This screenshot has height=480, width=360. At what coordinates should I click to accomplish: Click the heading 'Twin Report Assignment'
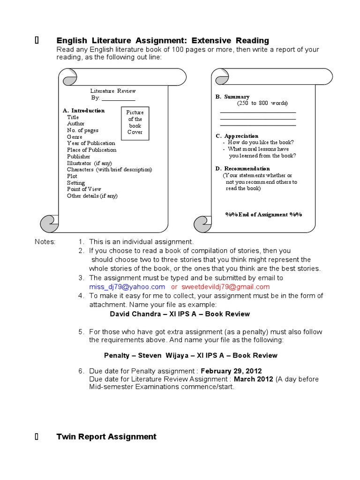pyautogui.click(x=106, y=436)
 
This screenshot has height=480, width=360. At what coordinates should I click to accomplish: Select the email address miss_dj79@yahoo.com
pyautogui.click(x=127, y=287)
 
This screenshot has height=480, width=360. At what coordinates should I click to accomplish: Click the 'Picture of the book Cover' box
pyautogui.click(x=135, y=122)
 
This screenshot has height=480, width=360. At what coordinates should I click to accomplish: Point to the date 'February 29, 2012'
pyautogui.click(x=231, y=370)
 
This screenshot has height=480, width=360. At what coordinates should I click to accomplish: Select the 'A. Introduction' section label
pyautogui.click(x=84, y=111)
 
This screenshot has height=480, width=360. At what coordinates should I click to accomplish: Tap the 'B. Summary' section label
pyautogui.click(x=232, y=97)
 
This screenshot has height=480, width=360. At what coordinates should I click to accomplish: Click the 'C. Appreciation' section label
pyautogui.click(x=237, y=136)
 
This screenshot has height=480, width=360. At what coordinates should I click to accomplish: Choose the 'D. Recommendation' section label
pyautogui.click(x=242, y=168)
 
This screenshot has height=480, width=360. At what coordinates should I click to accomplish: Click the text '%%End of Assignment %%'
pyautogui.click(x=263, y=214)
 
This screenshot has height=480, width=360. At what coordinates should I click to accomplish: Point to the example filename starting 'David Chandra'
pyautogui.click(x=180, y=314)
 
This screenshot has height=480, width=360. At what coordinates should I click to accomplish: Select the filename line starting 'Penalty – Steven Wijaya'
pyautogui.click(x=190, y=355)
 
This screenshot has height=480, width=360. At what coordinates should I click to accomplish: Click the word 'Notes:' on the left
pyautogui.click(x=45, y=242)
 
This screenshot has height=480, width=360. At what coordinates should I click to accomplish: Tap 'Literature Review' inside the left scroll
pyautogui.click(x=113, y=90)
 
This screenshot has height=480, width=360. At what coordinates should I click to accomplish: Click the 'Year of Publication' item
pyautogui.click(x=91, y=143)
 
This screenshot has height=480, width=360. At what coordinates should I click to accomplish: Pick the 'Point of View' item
pyautogui.click(x=85, y=189)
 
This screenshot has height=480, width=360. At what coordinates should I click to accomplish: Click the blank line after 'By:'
pyautogui.click(x=118, y=98)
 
